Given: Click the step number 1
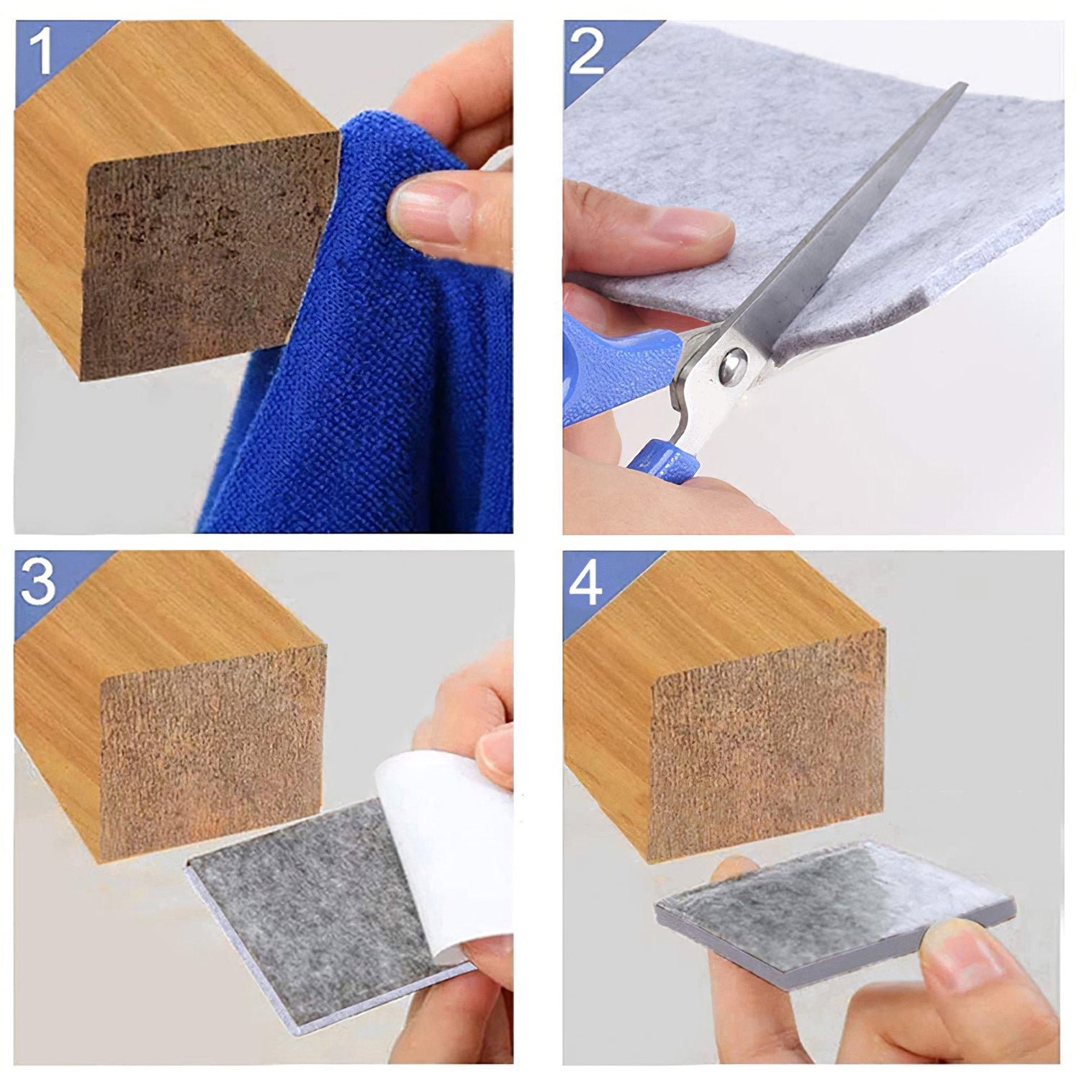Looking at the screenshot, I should [42, 53].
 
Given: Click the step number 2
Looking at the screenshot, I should [585, 53].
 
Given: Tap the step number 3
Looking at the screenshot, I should [37, 582].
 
